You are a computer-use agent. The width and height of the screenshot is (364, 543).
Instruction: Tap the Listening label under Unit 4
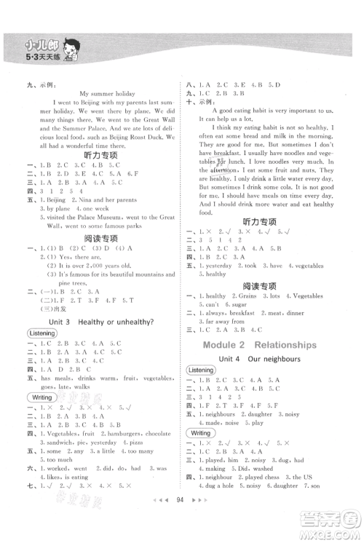[x=201, y=370]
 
